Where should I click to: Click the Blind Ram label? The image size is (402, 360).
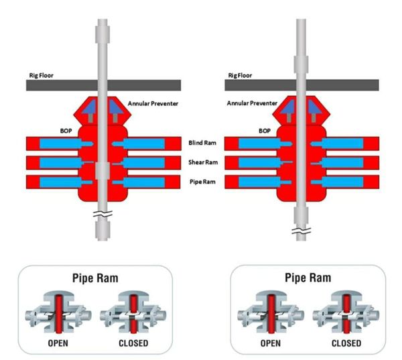coord(202,143)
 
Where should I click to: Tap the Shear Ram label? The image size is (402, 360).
coord(203,162)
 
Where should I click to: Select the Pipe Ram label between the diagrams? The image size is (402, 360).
coord(202,182)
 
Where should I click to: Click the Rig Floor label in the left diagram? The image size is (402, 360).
coord(42,76)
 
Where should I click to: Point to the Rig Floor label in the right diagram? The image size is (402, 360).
coord(240,76)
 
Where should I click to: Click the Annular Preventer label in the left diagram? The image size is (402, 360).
coord(153,104)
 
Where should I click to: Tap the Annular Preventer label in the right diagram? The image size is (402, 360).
coord(252,103)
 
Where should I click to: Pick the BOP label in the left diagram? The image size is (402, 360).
coord(66,131)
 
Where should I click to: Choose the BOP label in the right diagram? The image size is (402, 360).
coord(265,131)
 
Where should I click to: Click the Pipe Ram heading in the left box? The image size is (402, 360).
coord(95,278)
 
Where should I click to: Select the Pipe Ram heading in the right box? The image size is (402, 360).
coord(308,278)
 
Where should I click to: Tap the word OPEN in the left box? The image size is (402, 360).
coord(58,343)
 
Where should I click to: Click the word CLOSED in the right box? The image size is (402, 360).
coord(346,343)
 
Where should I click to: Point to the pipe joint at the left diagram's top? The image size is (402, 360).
coord(103,34)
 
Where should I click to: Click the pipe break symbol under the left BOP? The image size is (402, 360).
coord(103,214)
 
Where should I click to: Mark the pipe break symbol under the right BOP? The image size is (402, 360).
coord(301,231)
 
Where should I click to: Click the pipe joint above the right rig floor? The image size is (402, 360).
coord(301,64)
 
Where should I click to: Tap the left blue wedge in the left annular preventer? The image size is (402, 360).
coord(90,107)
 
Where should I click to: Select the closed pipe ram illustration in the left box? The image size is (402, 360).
coord(133,312)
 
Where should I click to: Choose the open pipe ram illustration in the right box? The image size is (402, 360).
coord(271,312)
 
